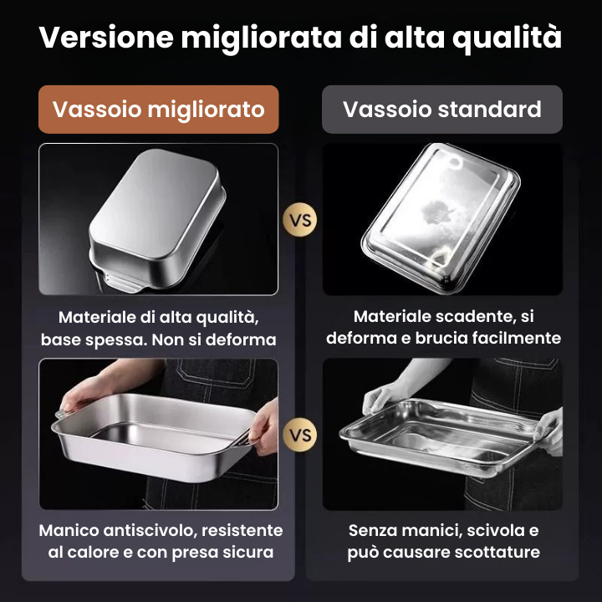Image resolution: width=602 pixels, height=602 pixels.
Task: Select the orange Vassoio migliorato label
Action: [159, 110]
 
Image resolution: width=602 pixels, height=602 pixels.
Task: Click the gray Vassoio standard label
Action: [442, 110]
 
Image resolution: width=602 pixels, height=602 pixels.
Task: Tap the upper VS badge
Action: [300, 221]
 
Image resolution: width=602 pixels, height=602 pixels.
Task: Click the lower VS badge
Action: [300, 435]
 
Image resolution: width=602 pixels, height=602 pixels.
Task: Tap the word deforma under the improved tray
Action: [246, 339]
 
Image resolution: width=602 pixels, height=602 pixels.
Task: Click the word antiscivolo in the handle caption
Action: [151, 531]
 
